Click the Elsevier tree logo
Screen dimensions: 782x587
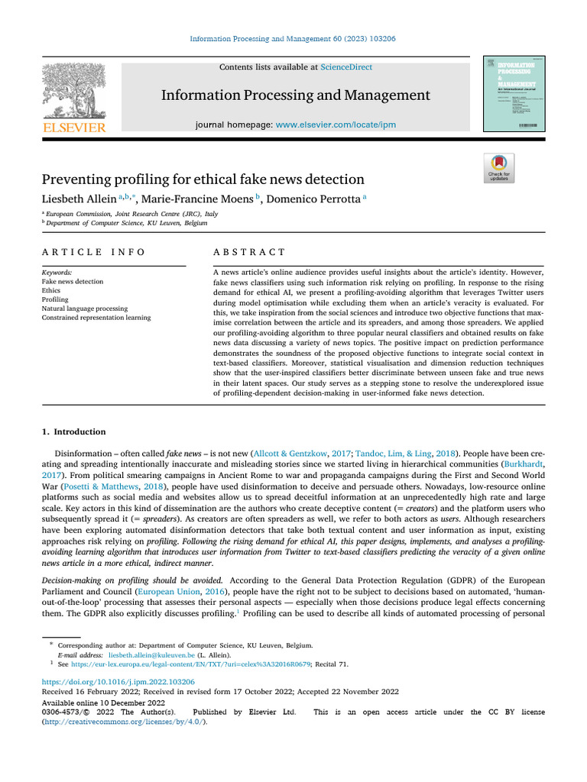[73, 89]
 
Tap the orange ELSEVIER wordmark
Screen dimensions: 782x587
[73, 128]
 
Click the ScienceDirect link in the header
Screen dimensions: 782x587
[346, 67]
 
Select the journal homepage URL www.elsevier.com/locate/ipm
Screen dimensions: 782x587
[336, 124]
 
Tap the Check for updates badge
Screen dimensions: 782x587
[499, 167]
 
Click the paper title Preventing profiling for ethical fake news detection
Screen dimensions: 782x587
[203, 179]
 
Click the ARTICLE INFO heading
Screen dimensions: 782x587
[93, 252]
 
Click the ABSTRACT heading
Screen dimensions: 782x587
[248, 252]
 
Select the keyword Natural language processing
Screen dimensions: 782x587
[85, 309]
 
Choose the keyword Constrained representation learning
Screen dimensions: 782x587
[96, 318]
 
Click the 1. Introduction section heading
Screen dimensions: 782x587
[74, 431]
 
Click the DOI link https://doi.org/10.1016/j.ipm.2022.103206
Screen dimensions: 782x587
[118, 681]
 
